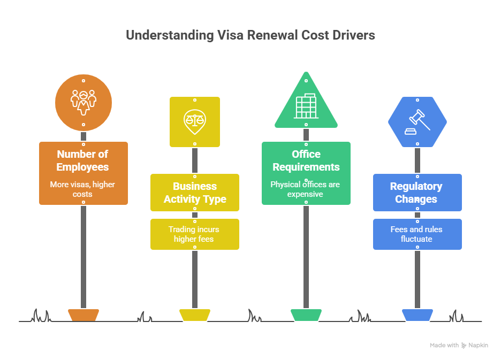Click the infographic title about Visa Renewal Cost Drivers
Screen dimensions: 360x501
tap(250, 35)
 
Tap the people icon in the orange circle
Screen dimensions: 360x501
tap(83, 102)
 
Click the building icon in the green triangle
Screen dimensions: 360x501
tap(306, 106)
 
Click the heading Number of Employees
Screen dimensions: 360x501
tap(83, 160)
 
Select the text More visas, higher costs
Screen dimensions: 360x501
tap(83, 189)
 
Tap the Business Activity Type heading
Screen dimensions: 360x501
tap(195, 193)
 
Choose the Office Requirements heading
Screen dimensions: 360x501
tap(306, 160)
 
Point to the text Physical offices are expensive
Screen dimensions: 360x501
tap(305, 189)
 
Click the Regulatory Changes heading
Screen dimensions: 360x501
tap(416, 193)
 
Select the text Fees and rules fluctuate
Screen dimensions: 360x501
tap(416, 234)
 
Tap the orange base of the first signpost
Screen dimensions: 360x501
tap(83, 315)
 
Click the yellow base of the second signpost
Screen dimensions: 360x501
tap(194, 315)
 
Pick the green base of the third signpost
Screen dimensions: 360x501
tap(306, 315)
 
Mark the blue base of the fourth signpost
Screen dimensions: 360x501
tap(417, 315)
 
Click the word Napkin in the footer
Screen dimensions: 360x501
tap(479, 346)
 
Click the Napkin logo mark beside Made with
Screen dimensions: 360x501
tap(464, 346)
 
